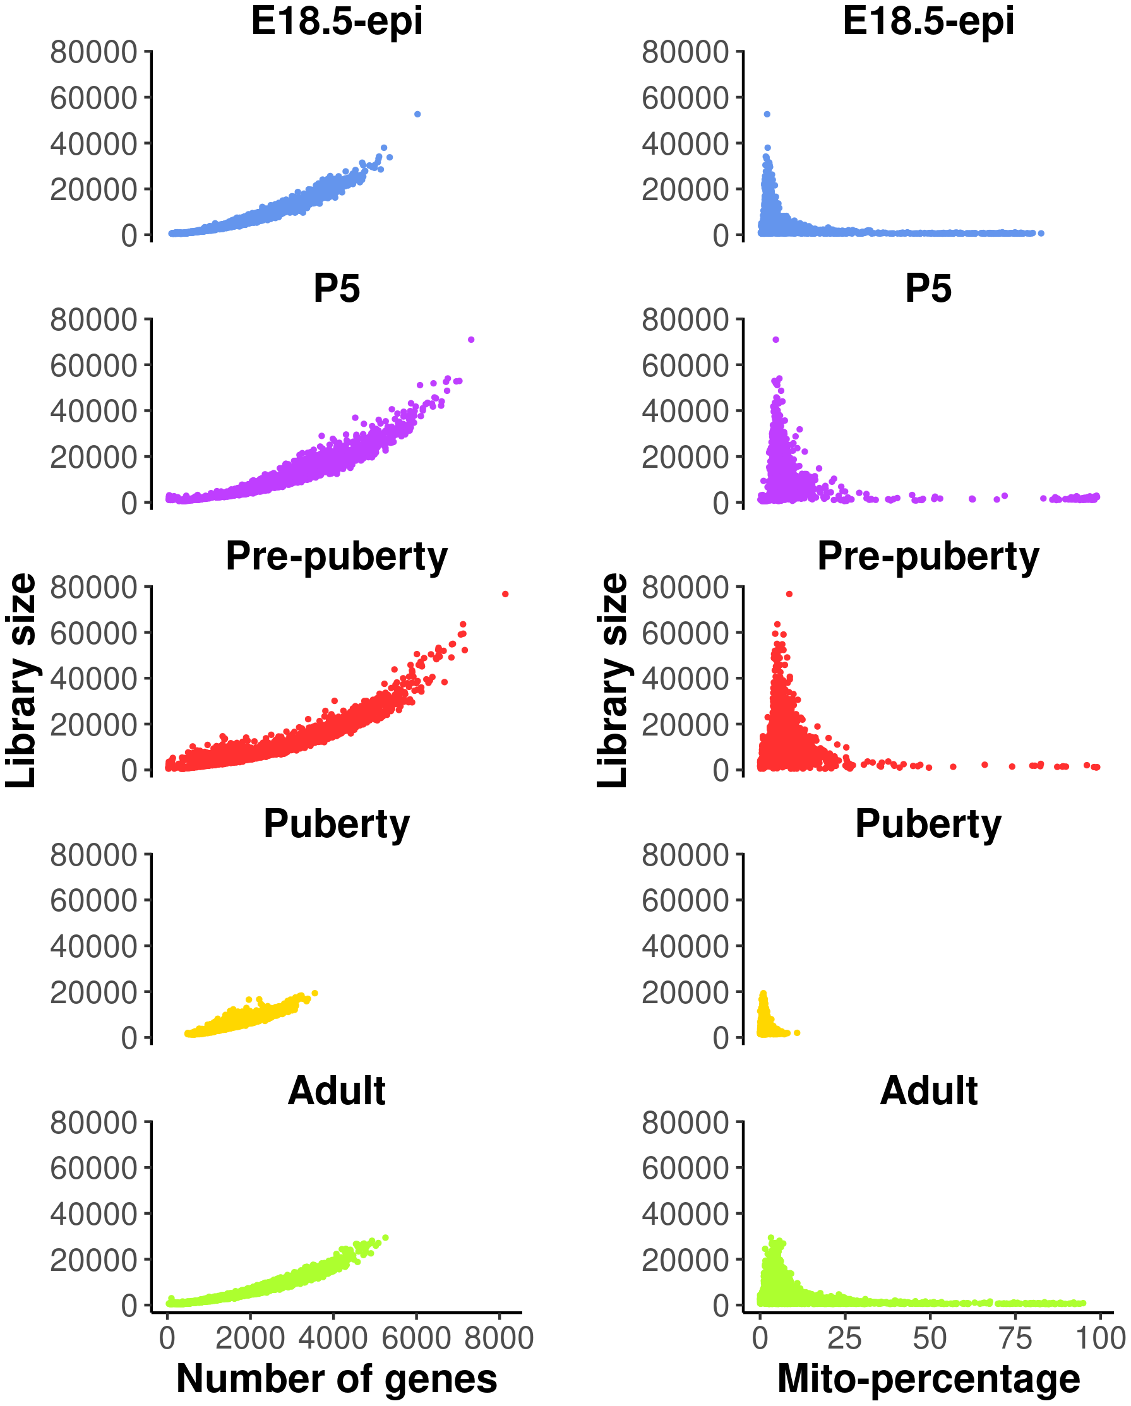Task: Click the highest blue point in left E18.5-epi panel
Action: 417,114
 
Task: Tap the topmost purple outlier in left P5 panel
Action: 472,340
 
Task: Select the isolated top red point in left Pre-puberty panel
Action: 505,594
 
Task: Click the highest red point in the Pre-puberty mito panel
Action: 789,594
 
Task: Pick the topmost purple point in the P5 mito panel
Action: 775,340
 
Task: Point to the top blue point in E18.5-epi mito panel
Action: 767,114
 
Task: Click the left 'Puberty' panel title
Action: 337,824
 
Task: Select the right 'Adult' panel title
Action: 928,1090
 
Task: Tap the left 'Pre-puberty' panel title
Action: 337,556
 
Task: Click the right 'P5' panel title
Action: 928,289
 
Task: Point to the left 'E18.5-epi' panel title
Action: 337,21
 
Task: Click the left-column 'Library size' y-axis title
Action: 21,679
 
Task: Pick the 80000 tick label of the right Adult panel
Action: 685,1123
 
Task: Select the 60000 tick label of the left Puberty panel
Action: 94,900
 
